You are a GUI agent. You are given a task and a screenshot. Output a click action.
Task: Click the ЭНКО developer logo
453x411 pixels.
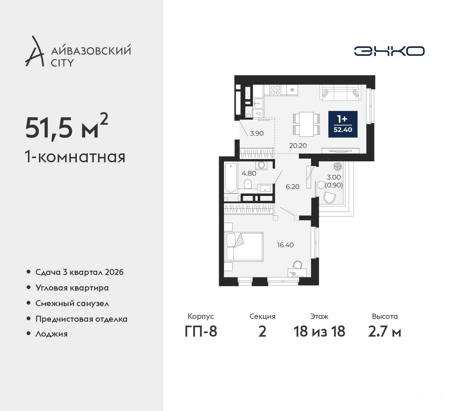point(389,51)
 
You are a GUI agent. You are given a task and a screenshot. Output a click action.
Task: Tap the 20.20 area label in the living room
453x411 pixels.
point(298,146)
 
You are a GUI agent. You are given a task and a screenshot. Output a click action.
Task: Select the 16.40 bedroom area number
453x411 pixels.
point(286,245)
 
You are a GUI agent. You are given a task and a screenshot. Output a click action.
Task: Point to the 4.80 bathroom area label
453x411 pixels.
point(249,173)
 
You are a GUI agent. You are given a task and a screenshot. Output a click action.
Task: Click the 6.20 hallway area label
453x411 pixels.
point(292,186)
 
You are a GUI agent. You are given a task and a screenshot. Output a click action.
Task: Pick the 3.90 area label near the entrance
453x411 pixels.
point(257,133)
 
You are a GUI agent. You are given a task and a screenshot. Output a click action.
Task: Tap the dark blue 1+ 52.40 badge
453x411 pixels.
point(343,124)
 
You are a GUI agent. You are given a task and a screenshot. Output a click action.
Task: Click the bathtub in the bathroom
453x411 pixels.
point(231,178)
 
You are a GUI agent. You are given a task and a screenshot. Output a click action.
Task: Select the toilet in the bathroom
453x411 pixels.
point(248,184)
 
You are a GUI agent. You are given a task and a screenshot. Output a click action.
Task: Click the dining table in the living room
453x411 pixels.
point(306,124)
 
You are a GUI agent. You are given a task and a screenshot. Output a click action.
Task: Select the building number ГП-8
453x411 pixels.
point(201,332)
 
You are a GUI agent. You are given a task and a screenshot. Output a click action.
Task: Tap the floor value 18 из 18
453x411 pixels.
point(319,332)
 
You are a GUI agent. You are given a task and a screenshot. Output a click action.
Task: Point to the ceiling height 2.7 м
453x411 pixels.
point(385,332)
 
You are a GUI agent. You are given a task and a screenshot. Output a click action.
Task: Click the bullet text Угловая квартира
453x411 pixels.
point(72,288)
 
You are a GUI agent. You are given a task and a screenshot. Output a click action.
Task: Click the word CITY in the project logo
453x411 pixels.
point(62,63)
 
